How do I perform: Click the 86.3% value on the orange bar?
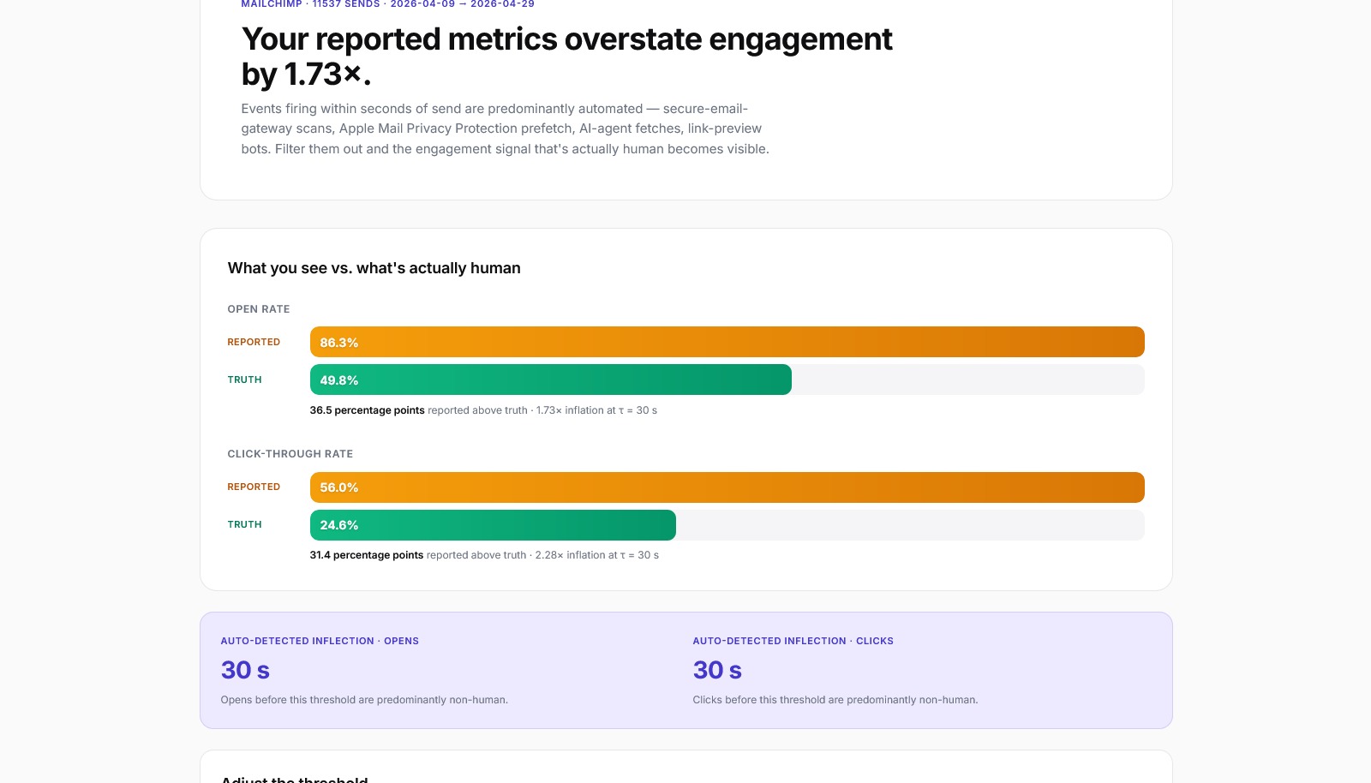tap(339, 343)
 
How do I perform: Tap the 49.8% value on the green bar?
tap(339, 380)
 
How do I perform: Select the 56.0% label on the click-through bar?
tap(339, 487)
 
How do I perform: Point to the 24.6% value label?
tap(339, 525)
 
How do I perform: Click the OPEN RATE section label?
tap(259, 309)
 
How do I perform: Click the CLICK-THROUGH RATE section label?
tap(290, 454)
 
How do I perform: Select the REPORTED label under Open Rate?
tap(254, 342)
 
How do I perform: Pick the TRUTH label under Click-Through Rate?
tap(245, 524)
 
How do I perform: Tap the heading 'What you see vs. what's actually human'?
tap(374, 268)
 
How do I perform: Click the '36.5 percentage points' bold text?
tap(367, 410)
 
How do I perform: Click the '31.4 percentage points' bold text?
tap(366, 555)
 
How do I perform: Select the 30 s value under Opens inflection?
tap(245, 670)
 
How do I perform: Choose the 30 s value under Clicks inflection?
tap(717, 670)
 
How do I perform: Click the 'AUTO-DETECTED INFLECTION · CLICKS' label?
tap(793, 641)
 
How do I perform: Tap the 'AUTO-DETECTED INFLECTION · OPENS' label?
tap(320, 641)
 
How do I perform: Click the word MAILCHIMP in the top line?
tap(272, 4)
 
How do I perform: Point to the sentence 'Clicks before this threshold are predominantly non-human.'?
tap(835, 700)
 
